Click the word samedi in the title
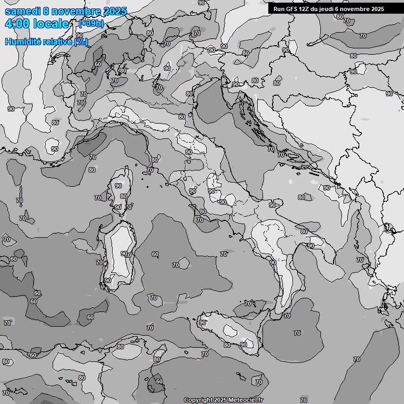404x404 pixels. [x=22, y=11]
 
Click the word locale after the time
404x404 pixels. [x=51, y=24]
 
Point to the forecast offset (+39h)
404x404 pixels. [x=90, y=24]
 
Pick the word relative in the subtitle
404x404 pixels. [x=56, y=42]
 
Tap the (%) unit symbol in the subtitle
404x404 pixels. [x=81, y=42]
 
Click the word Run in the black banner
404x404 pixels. [x=278, y=9]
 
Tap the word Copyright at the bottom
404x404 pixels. [x=198, y=400]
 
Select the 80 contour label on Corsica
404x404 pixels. [x=123, y=196]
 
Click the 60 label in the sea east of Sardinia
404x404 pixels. [x=155, y=254]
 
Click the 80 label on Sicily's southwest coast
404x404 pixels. [x=227, y=345]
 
